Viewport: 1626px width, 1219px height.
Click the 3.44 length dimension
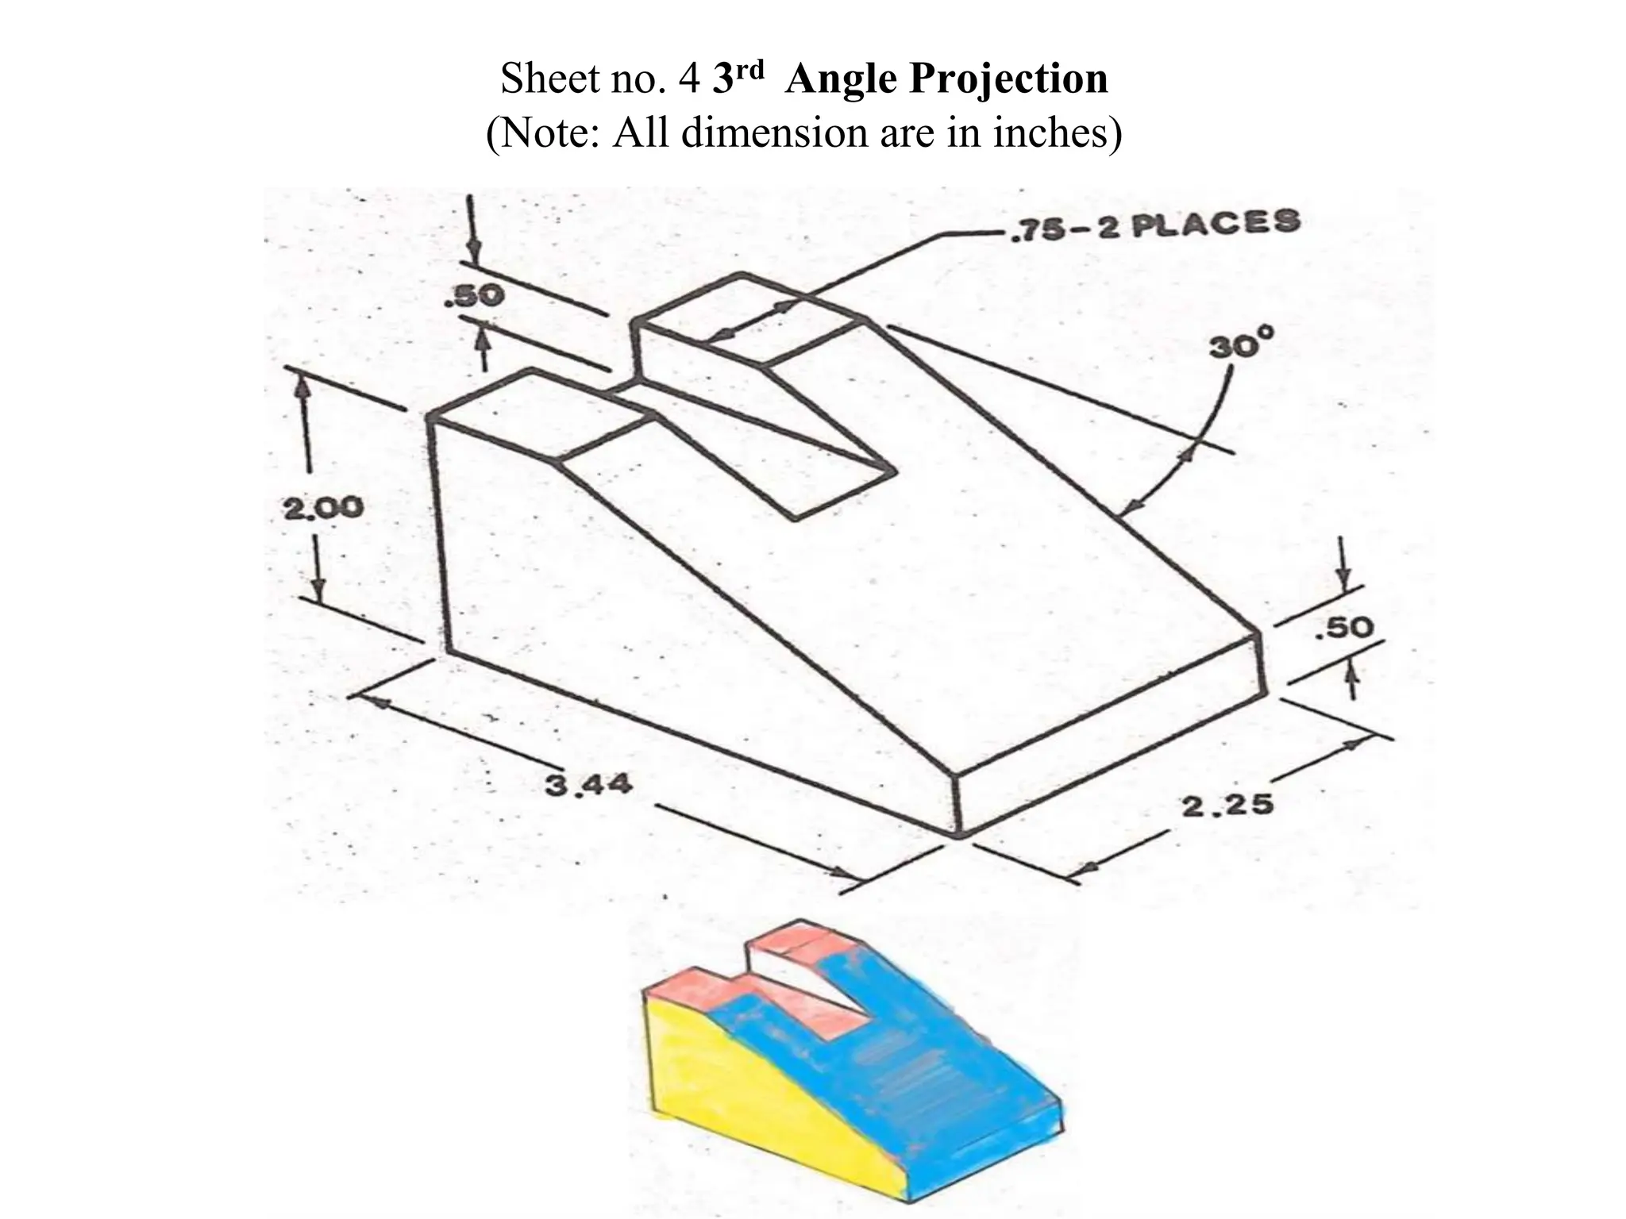tap(589, 786)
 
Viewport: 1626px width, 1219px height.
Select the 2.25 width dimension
tap(1227, 805)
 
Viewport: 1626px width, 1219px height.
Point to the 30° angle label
tap(1240, 347)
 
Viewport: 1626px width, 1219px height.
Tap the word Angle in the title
tap(841, 79)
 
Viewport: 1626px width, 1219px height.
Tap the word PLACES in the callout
tap(1215, 223)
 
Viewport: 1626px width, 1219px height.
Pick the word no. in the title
tap(639, 79)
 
